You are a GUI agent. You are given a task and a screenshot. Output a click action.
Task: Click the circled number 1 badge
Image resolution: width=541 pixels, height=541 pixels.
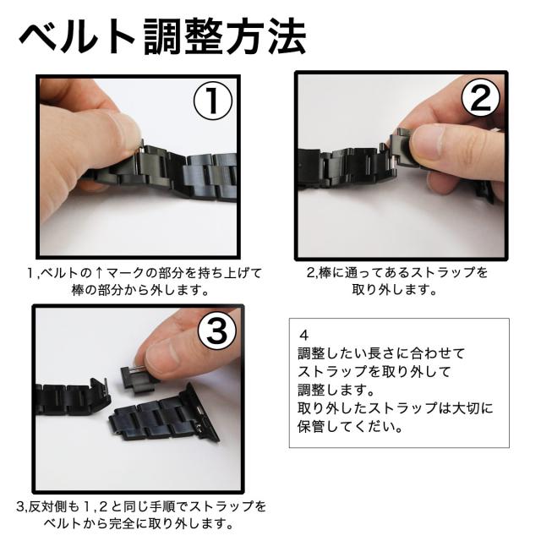tap(212, 101)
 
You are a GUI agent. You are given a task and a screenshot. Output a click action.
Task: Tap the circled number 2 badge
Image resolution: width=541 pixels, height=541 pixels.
tap(480, 98)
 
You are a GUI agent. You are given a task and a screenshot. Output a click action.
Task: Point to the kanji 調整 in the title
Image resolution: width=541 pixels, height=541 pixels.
tap(183, 36)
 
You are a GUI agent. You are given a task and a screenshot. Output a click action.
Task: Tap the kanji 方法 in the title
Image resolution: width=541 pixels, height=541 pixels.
tap(266, 36)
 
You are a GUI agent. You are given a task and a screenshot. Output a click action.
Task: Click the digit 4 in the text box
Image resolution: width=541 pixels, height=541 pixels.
tap(303, 335)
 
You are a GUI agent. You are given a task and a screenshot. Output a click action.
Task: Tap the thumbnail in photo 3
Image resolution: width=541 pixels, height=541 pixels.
tap(161, 358)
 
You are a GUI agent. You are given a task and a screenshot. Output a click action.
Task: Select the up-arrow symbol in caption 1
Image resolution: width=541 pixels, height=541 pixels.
tap(98, 273)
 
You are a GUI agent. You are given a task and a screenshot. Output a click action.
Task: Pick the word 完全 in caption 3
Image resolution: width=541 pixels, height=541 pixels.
tap(122, 524)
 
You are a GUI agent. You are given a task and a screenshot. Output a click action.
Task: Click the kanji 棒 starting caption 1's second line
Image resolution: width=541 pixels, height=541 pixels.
tap(78, 291)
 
